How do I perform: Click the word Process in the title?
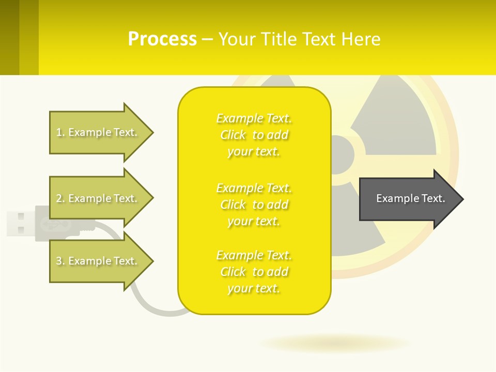click(162, 39)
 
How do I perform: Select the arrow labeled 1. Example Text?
click(98, 132)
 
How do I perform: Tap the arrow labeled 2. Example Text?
click(98, 198)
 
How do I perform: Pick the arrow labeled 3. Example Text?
click(98, 261)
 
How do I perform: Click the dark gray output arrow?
click(408, 198)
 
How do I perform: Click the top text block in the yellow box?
click(254, 135)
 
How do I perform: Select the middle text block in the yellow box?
click(254, 205)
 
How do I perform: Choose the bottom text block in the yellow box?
click(254, 272)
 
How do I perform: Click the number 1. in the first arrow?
click(60, 132)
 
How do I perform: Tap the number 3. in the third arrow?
click(60, 261)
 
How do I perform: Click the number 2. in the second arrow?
click(60, 198)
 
